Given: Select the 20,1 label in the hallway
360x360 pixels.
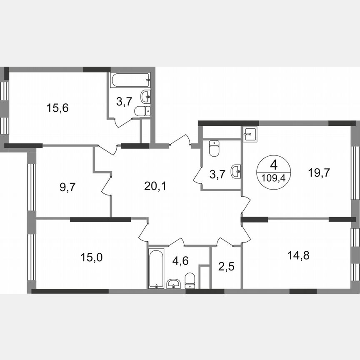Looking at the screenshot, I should pyautogui.click(x=155, y=186).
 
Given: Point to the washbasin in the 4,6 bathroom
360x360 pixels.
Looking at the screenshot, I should pyautogui.click(x=173, y=285).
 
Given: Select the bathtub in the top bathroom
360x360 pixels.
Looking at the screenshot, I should pyautogui.click(x=130, y=80).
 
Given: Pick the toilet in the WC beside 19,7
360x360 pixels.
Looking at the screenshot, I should pyautogui.click(x=214, y=148).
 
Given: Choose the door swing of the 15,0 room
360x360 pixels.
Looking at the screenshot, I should pyautogui.click(x=144, y=232).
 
